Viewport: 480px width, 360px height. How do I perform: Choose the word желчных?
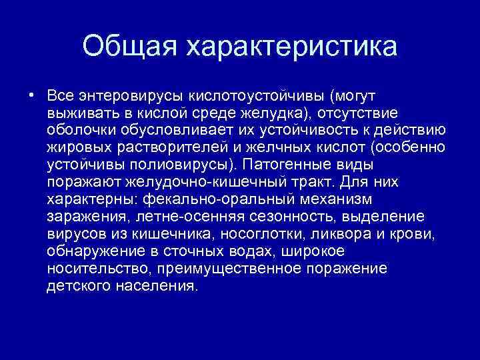coord(255,145)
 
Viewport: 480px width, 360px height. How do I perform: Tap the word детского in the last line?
coord(75,284)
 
